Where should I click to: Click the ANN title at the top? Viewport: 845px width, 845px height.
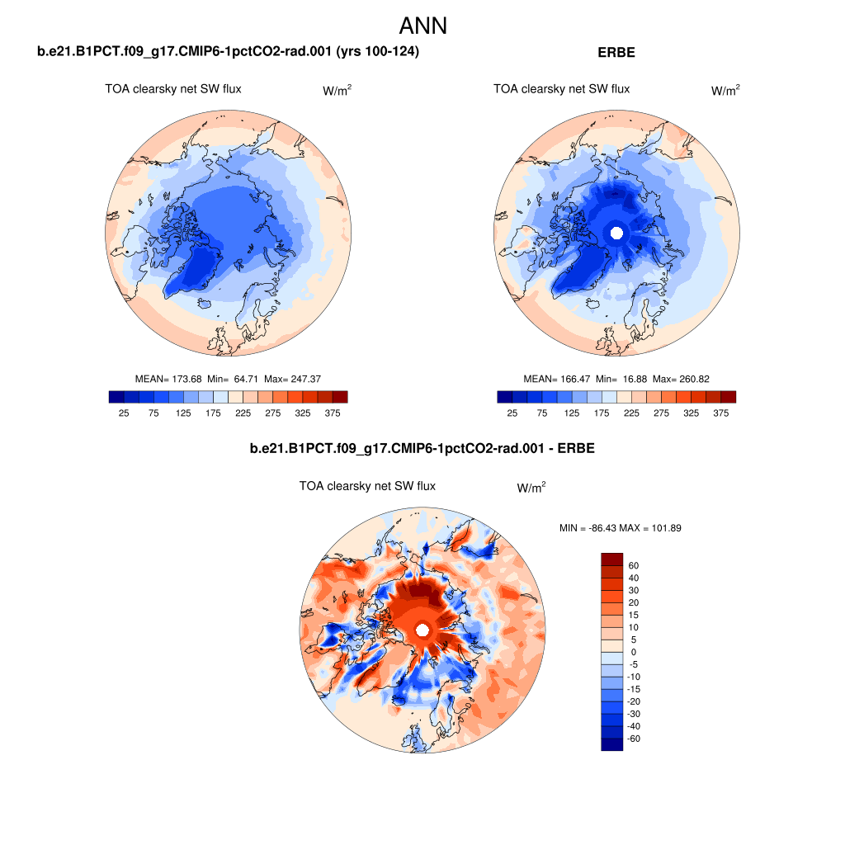(x=422, y=26)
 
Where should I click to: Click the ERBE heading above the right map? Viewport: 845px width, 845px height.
(x=616, y=52)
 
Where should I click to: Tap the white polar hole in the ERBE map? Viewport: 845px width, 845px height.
(x=615, y=233)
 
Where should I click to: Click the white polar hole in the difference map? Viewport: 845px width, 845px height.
(x=422, y=630)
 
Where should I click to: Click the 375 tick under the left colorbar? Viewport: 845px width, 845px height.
(x=332, y=413)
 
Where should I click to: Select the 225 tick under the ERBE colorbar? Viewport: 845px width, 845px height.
(x=631, y=413)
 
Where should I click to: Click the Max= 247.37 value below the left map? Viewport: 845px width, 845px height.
(x=292, y=379)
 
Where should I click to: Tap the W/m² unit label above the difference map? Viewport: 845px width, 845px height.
(x=531, y=489)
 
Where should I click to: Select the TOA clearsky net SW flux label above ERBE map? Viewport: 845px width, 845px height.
(x=561, y=89)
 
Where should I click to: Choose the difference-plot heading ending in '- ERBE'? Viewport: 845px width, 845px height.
(x=422, y=449)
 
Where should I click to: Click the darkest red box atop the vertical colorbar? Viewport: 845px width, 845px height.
(x=611, y=559)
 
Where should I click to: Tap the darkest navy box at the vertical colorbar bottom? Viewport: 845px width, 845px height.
(x=611, y=744)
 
